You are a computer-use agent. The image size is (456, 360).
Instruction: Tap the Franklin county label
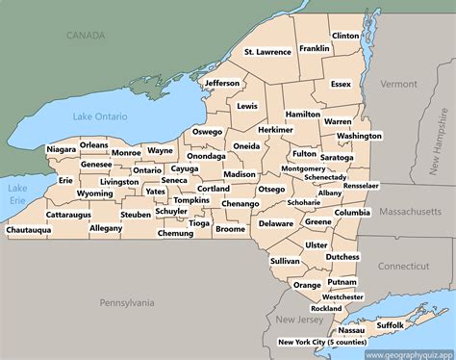(x=315, y=48)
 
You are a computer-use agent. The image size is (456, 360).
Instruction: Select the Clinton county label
(x=344, y=36)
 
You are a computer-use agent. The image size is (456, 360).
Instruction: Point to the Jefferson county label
(x=222, y=83)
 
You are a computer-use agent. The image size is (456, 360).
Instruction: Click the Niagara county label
(x=61, y=150)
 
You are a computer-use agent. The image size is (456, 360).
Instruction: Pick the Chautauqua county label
(x=28, y=231)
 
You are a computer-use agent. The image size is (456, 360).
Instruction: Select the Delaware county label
(x=276, y=223)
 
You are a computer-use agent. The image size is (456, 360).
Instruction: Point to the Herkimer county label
(x=276, y=129)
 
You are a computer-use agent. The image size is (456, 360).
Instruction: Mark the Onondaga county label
(x=206, y=156)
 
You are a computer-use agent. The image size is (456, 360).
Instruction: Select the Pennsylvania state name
(x=126, y=302)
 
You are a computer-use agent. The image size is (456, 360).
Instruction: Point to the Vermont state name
(x=397, y=84)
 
